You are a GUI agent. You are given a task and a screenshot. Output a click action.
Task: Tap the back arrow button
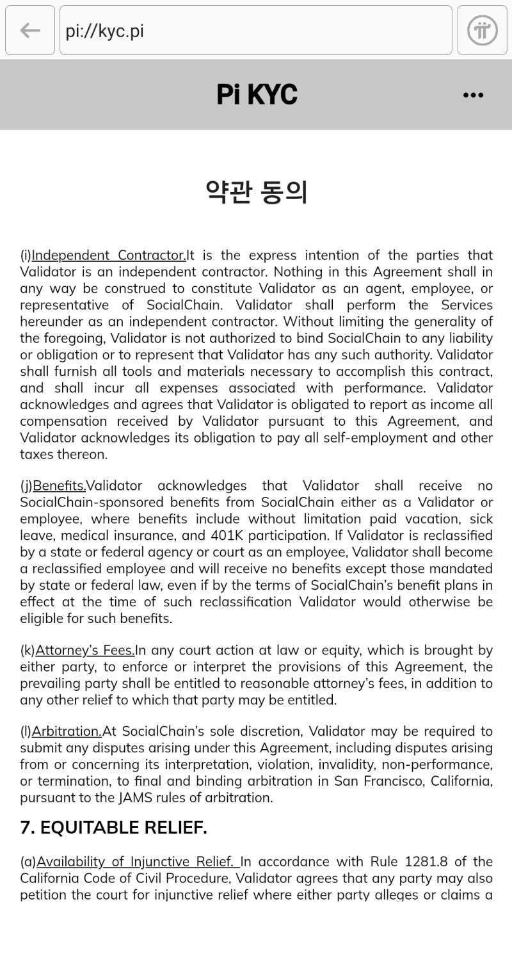[30, 30]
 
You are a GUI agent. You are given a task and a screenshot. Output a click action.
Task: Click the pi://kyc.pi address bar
[256, 30]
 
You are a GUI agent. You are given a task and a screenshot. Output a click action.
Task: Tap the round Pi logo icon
[482, 30]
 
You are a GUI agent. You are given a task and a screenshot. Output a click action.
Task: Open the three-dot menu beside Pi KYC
[473, 95]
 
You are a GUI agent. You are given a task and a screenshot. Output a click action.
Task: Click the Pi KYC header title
[257, 95]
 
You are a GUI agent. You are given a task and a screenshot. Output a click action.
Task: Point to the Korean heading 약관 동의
[257, 191]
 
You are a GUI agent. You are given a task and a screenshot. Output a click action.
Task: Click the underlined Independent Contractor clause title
[109, 255]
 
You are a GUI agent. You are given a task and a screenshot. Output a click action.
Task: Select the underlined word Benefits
[59, 486]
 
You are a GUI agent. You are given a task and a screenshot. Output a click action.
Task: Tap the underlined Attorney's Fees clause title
[85, 651]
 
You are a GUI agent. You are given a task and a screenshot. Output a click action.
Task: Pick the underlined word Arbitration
[67, 731]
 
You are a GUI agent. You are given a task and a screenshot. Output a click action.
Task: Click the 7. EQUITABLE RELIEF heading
[113, 828]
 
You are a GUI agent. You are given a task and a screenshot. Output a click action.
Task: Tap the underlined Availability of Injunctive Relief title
[137, 862]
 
